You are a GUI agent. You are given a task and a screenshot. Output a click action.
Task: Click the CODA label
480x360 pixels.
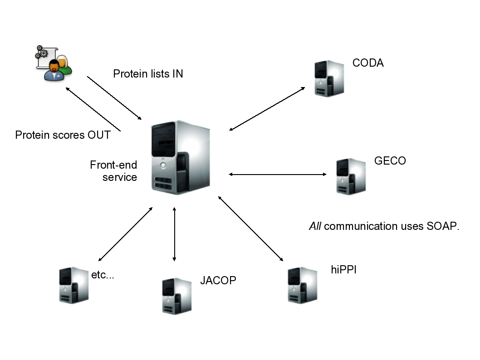click(x=368, y=63)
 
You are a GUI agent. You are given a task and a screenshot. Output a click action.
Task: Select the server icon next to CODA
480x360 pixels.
click(x=329, y=78)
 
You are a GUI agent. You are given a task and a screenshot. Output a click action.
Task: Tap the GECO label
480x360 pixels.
click(x=390, y=161)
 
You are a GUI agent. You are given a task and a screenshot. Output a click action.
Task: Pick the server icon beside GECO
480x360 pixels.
click(x=351, y=176)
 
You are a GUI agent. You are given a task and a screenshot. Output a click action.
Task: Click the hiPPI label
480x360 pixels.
click(x=343, y=270)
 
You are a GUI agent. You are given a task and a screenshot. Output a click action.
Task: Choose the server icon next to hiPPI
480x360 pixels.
click(x=303, y=285)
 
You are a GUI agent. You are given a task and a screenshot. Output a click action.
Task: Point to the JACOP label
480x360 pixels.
click(x=218, y=281)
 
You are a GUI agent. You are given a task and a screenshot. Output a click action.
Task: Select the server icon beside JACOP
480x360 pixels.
click(x=176, y=296)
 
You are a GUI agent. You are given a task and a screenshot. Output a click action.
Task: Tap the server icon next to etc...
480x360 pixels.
click(x=73, y=285)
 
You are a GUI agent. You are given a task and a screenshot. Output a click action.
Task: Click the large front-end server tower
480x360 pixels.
click(x=181, y=157)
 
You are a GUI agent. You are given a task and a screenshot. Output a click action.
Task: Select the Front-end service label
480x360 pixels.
click(x=113, y=171)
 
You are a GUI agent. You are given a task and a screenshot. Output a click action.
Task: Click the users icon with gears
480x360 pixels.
click(x=54, y=63)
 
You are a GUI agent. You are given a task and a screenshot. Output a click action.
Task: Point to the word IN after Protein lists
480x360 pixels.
click(x=177, y=73)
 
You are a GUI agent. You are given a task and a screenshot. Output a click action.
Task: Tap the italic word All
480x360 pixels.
click(x=315, y=226)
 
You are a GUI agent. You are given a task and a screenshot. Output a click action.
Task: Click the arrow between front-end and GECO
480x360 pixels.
click(x=278, y=174)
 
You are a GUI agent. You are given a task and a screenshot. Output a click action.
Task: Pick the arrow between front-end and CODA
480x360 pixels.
click(x=267, y=109)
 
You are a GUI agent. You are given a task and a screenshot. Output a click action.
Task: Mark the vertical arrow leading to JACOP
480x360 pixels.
click(x=175, y=234)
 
